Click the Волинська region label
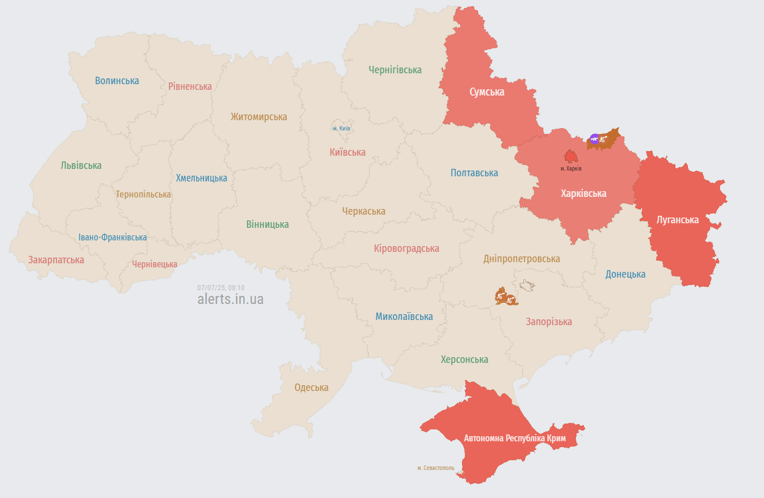(117, 81)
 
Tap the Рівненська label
(190, 86)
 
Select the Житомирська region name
(258, 117)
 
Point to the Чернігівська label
(395, 70)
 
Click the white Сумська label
(487, 92)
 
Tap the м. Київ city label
(341, 128)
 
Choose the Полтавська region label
(474, 173)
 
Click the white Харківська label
(583, 193)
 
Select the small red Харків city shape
(571, 156)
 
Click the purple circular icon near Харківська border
(595, 139)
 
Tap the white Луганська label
(678, 220)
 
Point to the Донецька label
(625, 274)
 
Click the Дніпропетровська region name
(522, 259)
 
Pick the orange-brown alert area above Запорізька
(506, 297)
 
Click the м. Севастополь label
(436, 468)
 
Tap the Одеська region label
(311, 388)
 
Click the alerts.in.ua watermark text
(230, 299)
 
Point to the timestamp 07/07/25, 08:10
(221, 288)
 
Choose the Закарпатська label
(56, 260)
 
